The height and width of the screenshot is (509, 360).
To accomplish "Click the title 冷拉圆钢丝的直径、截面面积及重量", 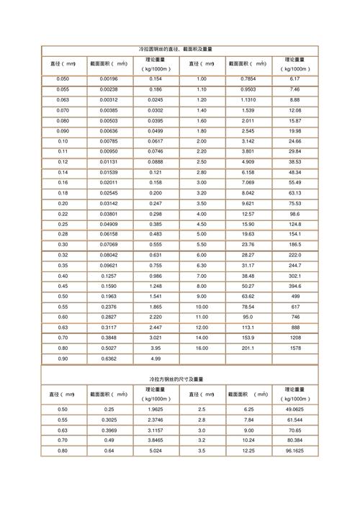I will pos(180,49).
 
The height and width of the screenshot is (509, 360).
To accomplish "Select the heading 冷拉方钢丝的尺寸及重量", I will pos(180,379).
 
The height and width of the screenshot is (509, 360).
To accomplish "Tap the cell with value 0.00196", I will pos(109,78).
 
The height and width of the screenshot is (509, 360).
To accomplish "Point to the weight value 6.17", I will pos(294,78).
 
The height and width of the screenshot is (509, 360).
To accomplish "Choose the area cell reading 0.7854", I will pos(248,78).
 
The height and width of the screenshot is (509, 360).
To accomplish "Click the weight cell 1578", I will pos(294,348).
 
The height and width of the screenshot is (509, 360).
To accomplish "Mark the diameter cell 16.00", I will pos(202,348).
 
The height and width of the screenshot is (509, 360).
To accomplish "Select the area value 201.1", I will pos(248,348).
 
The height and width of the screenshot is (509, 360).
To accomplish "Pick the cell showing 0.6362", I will pos(109,359).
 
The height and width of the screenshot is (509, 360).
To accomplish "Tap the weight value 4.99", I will pos(156,359).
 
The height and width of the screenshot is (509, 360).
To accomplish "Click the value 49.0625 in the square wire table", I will pos(294,409).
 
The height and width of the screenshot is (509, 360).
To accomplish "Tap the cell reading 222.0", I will pos(294,255).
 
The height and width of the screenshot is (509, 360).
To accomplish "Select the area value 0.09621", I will pos(109,265).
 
